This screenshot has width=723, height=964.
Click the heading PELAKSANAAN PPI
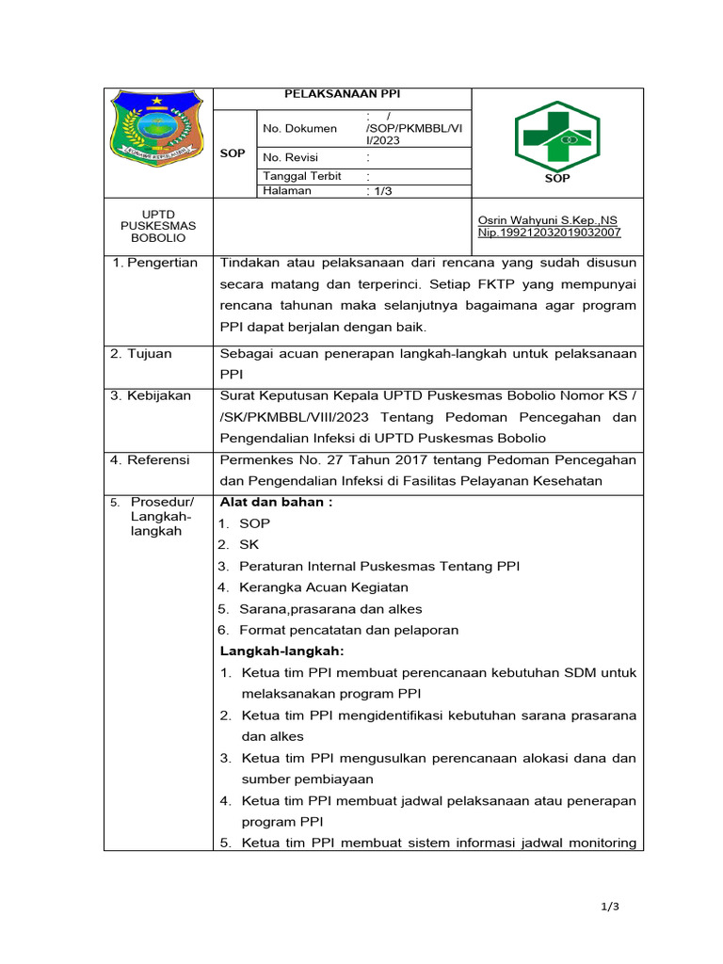click(343, 94)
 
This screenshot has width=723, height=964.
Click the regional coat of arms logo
click(156, 127)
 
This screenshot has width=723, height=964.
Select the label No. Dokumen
click(299, 128)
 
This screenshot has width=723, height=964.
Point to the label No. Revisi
click(293, 157)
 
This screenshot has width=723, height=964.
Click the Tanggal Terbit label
click(301, 176)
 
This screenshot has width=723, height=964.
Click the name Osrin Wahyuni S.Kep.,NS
click(549, 220)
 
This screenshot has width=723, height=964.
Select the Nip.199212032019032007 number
click(550, 233)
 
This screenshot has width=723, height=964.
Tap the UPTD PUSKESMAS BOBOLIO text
click(158, 226)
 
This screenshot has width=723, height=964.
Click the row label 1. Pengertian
click(154, 263)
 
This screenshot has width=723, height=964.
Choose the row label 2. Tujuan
click(142, 354)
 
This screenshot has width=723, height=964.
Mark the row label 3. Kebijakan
click(151, 395)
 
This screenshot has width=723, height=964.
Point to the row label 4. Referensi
click(150, 460)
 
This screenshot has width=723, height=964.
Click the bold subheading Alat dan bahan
click(276, 502)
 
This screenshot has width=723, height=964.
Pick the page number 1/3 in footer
click(610, 907)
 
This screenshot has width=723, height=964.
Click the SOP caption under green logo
click(557, 178)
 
